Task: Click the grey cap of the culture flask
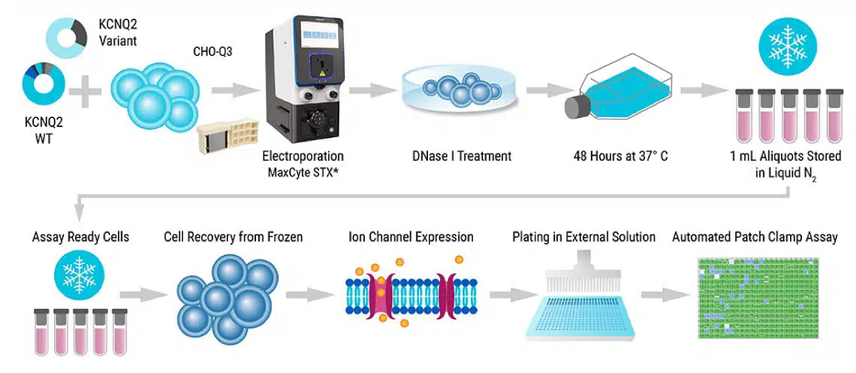pyautogui.click(x=576, y=107)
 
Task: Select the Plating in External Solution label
pyautogui.click(x=584, y=237)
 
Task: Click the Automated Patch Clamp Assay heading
pyautogui.click(x=754, y=237)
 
